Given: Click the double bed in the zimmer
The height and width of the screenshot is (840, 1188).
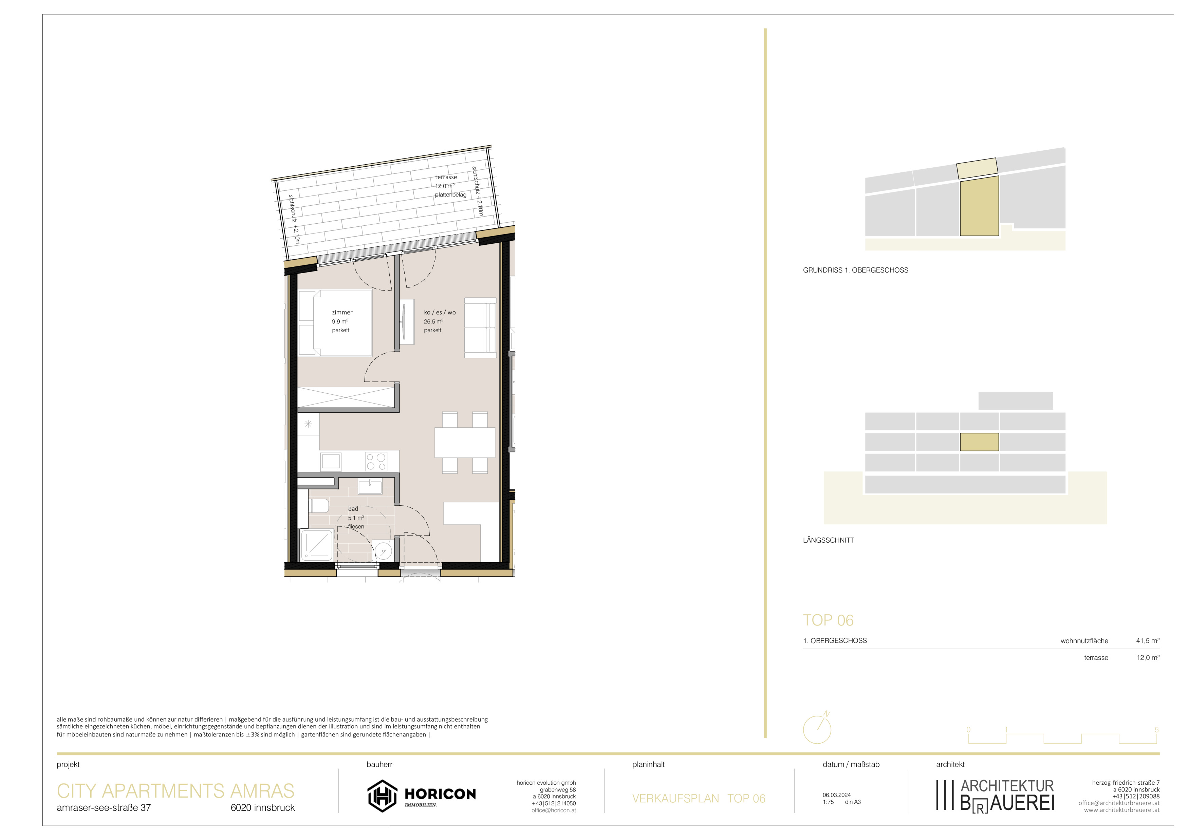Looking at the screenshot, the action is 335,323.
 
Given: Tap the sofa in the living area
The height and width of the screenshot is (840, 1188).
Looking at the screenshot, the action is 480,328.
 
